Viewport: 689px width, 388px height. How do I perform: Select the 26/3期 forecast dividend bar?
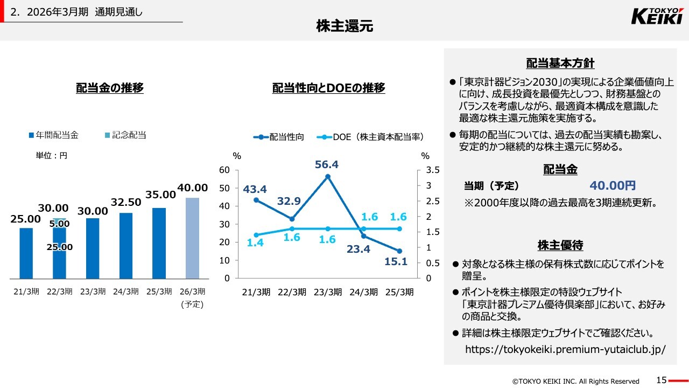[192, 238]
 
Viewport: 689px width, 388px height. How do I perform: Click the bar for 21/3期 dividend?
[26, 253]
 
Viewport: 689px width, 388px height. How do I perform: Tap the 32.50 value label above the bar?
[126, 202]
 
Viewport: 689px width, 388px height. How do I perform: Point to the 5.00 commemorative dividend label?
[59, 224]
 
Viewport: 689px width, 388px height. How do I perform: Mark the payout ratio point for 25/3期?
[399, 251]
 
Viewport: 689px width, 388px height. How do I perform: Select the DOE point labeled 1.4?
[256, 235]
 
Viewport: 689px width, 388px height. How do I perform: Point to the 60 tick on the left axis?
[224, 170]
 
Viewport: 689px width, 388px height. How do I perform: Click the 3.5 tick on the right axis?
[433, 170]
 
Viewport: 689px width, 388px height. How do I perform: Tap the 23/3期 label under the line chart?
[327, 293]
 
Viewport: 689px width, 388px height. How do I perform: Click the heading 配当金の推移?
[110, 88]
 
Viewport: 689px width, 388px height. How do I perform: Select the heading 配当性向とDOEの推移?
[328, 88]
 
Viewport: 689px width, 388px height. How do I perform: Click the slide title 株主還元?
[344, 26]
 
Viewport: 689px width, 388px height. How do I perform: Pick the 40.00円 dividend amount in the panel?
[613, 186]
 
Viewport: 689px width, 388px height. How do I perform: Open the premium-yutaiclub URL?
[565, 349]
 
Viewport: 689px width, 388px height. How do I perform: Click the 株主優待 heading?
[560, 246]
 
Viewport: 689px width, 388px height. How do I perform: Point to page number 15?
[662, 380]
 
